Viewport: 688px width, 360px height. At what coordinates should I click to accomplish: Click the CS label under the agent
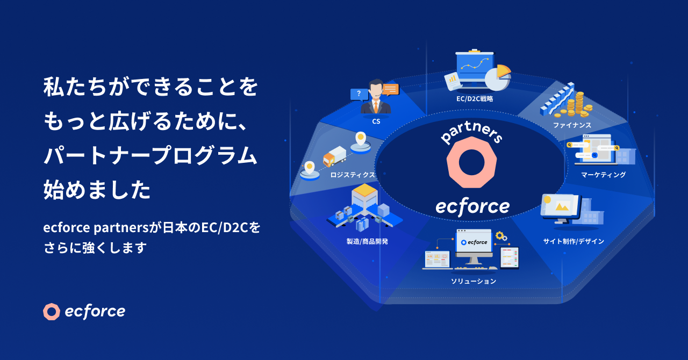376,121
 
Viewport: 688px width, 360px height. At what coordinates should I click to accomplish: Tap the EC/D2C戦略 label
475,99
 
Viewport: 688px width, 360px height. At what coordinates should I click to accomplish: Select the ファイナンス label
572,125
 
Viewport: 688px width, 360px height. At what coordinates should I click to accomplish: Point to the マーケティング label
603,175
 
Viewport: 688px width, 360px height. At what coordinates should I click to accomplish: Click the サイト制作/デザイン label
574,241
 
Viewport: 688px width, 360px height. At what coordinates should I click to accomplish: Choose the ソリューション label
474,281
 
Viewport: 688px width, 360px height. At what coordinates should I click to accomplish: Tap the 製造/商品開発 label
367,241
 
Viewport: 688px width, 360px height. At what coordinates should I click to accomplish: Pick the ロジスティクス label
353,175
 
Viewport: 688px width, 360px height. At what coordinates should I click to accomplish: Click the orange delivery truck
334,156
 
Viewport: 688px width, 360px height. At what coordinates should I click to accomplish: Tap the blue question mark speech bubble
359,95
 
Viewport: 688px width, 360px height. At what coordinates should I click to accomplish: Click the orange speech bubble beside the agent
390,89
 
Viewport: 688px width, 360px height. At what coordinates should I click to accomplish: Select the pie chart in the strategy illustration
498,77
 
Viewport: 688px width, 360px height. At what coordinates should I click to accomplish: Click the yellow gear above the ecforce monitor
499,235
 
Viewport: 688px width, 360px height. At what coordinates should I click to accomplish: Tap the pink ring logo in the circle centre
471,162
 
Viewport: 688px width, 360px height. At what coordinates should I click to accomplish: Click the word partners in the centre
471,132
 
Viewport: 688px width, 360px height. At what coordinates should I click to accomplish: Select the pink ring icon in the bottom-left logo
52,312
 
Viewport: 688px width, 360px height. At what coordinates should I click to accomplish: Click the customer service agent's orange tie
376,107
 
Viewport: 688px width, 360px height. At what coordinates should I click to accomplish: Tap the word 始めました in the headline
97,190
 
